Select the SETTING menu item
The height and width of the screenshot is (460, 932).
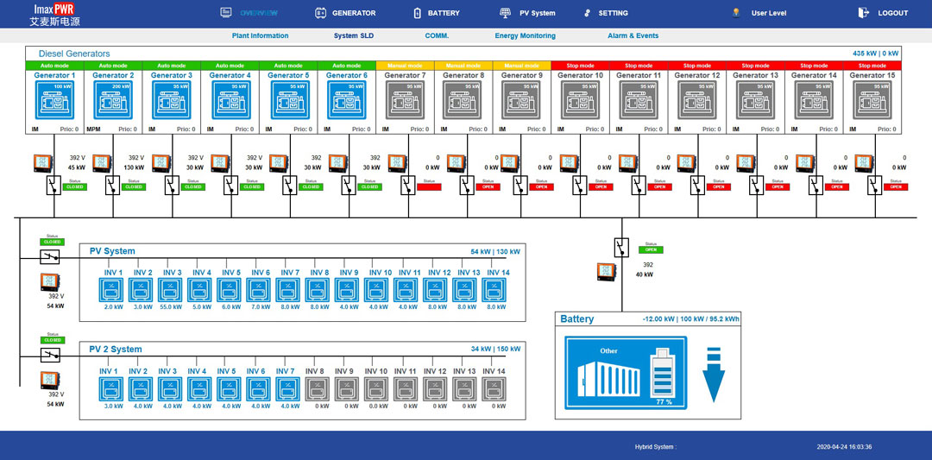coord(606,13)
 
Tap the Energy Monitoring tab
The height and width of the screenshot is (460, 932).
coord(525,36)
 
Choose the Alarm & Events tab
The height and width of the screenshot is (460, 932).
coord(633,36)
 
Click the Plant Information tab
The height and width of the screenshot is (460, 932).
coord(260,36)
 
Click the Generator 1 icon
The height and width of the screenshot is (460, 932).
coord(54,101)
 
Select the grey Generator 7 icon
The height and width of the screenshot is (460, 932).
coord(405,101)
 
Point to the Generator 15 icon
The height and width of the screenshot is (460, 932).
coord(873,101)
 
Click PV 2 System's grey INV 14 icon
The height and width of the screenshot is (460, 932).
coord(494,388)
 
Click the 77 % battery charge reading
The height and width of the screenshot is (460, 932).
coord(664,402)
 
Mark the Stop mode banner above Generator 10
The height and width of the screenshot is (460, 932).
coord(580,66)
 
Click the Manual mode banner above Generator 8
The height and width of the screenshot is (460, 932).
coord(463,66)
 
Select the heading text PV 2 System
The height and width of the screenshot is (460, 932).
coord(116,350)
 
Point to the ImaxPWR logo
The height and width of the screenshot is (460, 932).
coord(53,14)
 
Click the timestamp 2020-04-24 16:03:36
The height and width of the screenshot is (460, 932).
coord(844,447)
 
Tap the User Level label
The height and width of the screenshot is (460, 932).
coord(768,13)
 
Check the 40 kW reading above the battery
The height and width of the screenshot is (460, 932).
coord(644,274)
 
